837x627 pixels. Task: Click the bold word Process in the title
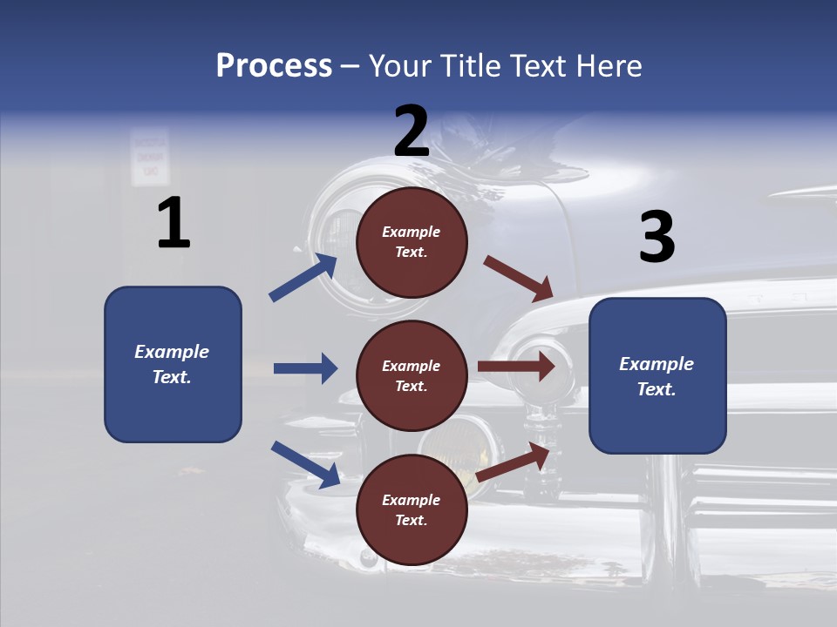tap(274, 66)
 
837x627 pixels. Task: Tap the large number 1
tap(173, 223)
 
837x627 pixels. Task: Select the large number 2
tap(412, 131)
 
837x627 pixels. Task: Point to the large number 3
tap(657, 237)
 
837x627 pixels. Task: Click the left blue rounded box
tap(173, 364)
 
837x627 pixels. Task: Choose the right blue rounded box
tap(657, 376)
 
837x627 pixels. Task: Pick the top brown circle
tap(412, 242)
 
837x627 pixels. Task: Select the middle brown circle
tap(412, 376)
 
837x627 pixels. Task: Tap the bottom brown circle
tap(412, 509)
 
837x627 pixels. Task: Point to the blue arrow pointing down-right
tap(305, 464)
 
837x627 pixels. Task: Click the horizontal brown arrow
tap(515, 366)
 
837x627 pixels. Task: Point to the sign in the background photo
tap(150, 158)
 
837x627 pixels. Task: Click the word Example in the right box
tap(657, 364)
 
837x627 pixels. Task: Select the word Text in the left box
tap(171, 377)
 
